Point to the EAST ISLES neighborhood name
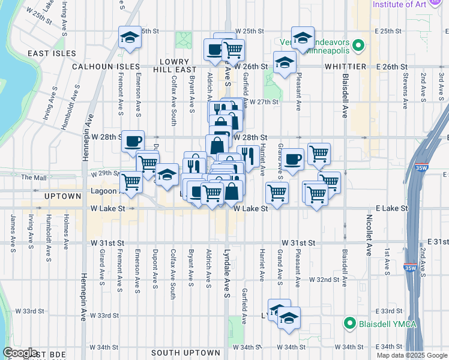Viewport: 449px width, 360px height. pos(52,53)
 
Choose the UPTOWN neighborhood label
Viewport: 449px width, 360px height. pos(62,196)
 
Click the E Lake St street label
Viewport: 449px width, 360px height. pos(391,208)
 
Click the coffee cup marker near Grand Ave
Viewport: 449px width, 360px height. pos(293,159)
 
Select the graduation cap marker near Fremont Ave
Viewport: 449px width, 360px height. pos(130,38)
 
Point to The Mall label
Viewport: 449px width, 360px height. pos(34,178)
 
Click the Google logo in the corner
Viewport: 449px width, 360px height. pos(20,353)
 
